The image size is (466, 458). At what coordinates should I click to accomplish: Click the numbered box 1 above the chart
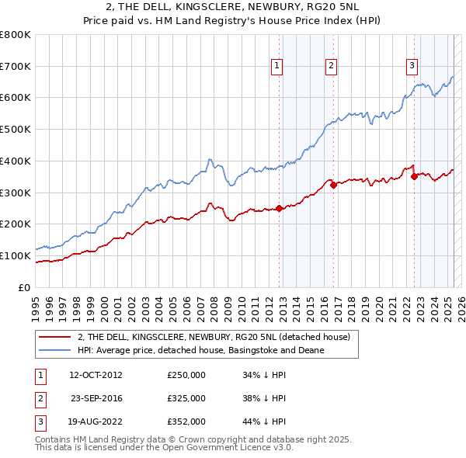point(276,67)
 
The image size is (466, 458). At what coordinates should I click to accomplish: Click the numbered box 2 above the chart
point(331,67)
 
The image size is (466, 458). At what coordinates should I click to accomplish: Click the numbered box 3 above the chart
point(412,67)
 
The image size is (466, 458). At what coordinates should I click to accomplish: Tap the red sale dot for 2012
point(279,208)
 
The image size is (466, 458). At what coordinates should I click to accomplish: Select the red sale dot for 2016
point(333,185)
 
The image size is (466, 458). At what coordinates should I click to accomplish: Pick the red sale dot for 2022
point(414,176)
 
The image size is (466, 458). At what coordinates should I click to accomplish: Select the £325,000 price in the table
point(186,398)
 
